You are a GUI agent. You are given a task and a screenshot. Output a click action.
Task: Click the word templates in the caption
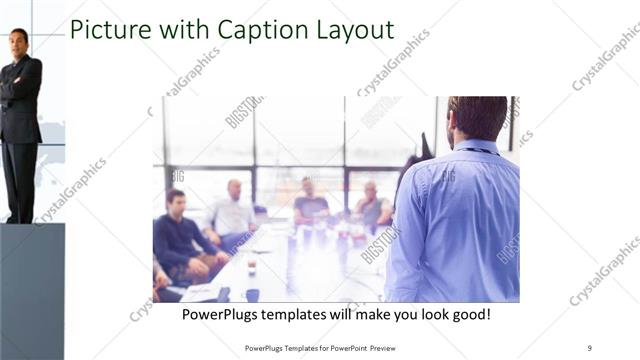coord(315,315)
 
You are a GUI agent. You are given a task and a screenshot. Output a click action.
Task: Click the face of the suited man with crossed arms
coord(18,42)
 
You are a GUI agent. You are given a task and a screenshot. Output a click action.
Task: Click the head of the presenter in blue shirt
coord(477,118)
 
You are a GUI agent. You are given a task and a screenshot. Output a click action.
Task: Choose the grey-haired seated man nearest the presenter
coord(371,205)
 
